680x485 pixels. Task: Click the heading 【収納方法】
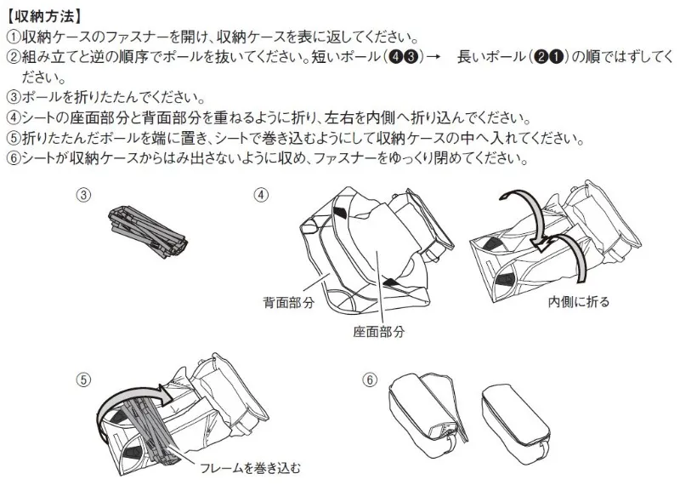tap(44, 17)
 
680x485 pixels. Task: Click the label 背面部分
tap(289, 302)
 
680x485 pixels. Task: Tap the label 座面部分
tap(379, 332)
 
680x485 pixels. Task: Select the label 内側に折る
tap(579, 301)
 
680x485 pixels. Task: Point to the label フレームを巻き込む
tap(250, 468)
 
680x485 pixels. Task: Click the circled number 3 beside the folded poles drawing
tap(84, 195)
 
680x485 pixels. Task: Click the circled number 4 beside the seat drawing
tap(261, 195)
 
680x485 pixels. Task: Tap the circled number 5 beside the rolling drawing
tap(83, 380)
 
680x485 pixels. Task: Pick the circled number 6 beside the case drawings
tap(370, 380)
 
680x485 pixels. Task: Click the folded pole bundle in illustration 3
tap(148, 231)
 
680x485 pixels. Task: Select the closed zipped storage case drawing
tap(516, 419)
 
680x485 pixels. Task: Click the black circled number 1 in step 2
tap(557, 57)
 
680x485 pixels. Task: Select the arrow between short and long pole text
tap(434, 57)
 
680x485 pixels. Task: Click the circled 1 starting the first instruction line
tap(14, 37)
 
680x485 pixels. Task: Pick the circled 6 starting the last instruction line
tap(14, 158)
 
